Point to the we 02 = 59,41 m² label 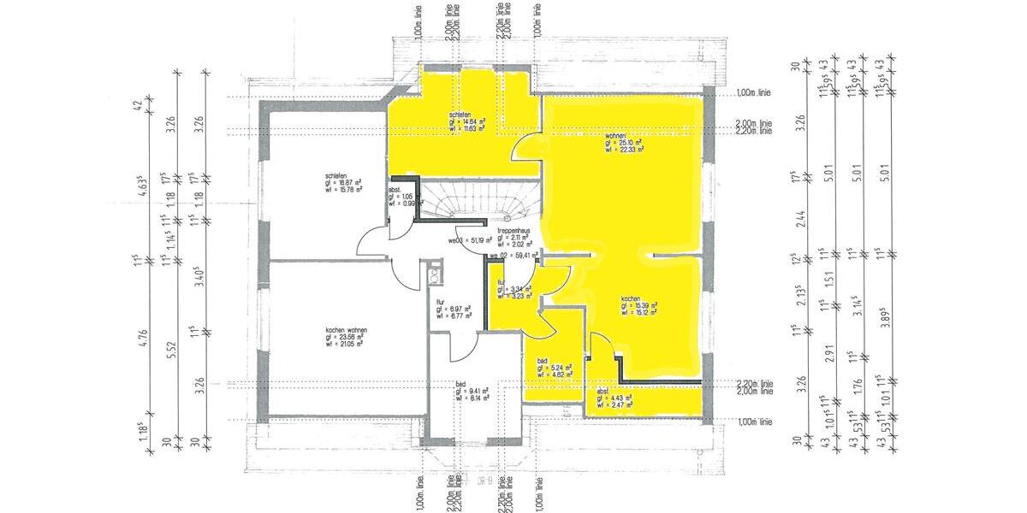(513, 254)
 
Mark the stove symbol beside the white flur (435, 274)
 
